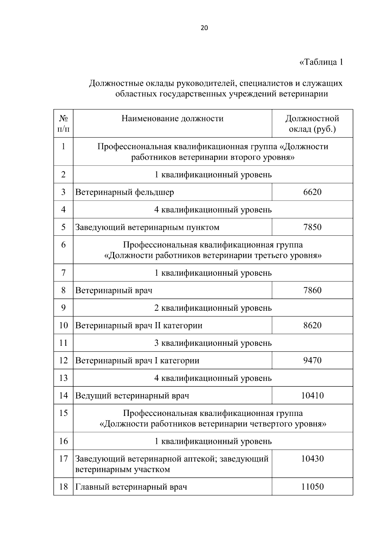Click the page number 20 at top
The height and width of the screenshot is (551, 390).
coord(204,28)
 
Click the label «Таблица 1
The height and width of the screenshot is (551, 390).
coord(321,62)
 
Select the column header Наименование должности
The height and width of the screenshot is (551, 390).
coord(173,119)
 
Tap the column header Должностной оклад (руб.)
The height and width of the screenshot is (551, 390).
coord(312,124)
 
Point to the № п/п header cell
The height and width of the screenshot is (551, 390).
coord(63,124)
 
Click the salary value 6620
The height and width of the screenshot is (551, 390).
coord(312,192)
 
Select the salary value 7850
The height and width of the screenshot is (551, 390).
coord(312,227)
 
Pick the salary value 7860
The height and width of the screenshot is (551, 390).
coord(312,290)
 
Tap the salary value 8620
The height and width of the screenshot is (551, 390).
coord(312,325)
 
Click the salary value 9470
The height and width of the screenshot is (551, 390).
coord(312,360)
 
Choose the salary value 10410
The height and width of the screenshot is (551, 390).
coord(312,395)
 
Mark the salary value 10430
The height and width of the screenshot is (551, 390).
coord(312,459)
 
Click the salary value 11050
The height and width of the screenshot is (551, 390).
coord(312,487)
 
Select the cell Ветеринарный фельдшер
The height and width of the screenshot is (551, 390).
coord(125,192)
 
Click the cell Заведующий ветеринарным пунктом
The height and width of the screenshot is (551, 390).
coord(147,227)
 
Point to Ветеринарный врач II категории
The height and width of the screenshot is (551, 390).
coord(139,325)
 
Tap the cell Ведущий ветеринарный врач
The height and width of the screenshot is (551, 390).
coord(132,395)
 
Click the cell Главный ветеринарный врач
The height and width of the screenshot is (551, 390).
coord(131,487)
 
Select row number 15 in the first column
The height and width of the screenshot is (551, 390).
coord(63,413)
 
